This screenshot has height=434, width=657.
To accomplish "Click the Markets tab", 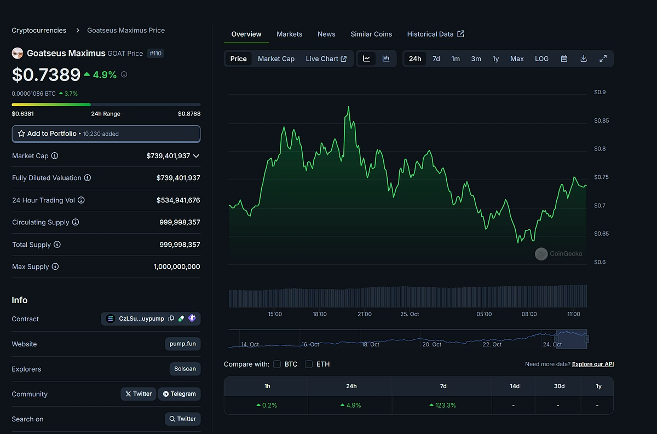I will point(289,34).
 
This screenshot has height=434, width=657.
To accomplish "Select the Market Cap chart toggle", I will point(276,59).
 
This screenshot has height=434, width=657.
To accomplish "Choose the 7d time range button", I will point(436,59).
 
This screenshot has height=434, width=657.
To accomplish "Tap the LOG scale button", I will point(541,59).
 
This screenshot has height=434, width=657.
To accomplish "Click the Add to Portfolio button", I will point(106,134).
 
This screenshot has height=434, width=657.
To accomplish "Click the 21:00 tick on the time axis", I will point(364,314).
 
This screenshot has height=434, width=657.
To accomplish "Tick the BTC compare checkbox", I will point(277,364).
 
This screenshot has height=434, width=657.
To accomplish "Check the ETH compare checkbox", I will point(309,364).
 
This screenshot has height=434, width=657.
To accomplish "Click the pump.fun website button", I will point(183,344).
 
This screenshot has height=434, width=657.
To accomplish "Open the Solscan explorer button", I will point(185,369).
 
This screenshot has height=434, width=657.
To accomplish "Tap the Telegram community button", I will point(179,394).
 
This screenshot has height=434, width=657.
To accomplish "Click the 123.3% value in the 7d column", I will point(443,406).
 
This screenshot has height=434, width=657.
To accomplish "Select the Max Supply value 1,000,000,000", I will point(177,267).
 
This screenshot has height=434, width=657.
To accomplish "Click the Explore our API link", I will point(593,364).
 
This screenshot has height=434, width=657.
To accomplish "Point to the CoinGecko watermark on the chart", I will point(559,253).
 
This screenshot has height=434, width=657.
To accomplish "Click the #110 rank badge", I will point(155,53).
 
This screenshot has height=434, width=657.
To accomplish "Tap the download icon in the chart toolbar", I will point(584,59).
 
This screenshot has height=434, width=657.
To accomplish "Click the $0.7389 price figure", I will point(46,74).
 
